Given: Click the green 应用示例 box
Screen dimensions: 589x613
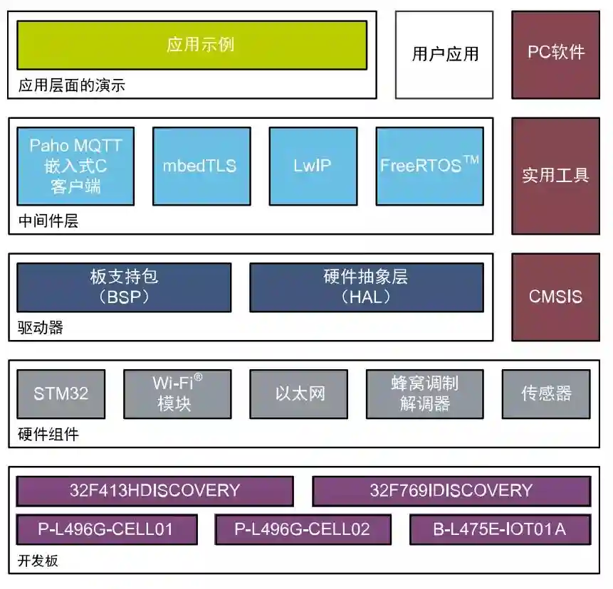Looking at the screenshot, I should point(192,45).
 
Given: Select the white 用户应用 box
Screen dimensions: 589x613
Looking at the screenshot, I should point(444,54).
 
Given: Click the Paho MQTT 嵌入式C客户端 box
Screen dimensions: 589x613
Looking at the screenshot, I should point(75,166).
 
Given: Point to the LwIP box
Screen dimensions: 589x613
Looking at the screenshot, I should point(312,166).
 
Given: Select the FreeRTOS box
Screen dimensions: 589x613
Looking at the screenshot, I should point(429,166).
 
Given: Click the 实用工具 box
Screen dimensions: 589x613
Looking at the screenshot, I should point(555,176).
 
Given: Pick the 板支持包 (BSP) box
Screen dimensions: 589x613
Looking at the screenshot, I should point(124,287).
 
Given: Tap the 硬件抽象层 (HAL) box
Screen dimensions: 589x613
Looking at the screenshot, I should point(366,287).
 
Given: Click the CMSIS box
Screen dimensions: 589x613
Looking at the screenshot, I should point(555,297).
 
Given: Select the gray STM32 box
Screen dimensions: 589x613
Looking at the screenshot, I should point(61,393).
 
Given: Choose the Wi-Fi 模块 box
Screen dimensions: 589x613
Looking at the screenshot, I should point(177,393).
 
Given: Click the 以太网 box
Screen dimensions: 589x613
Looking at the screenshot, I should point(299,393).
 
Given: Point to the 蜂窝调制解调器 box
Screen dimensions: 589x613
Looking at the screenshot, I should point(424,393).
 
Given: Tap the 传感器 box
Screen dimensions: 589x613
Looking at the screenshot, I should point(546,393).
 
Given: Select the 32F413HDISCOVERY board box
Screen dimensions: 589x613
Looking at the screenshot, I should point(154,491).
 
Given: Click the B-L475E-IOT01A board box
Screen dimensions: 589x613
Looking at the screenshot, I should point(500,529).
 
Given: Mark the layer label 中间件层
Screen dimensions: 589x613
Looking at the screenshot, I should point(48,221).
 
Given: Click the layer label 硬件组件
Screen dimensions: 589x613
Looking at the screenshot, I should point(48,435).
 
